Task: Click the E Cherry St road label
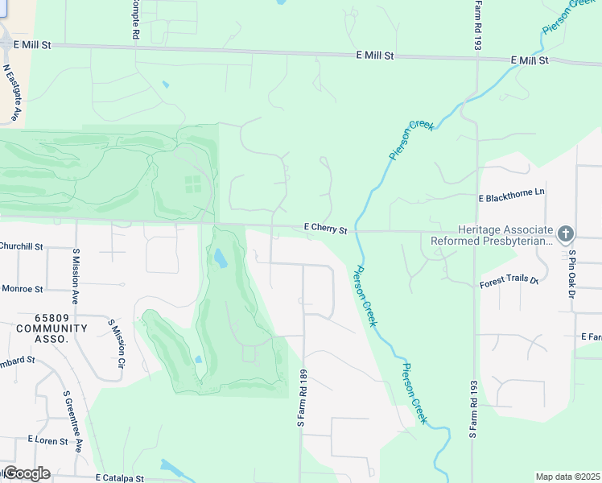(325, 229)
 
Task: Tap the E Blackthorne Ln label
(512, 196)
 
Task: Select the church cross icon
(566, 234)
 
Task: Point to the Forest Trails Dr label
(509, 279)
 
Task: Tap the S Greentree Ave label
(72, 421)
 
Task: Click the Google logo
(26, 473)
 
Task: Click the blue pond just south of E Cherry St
(220, 258)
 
